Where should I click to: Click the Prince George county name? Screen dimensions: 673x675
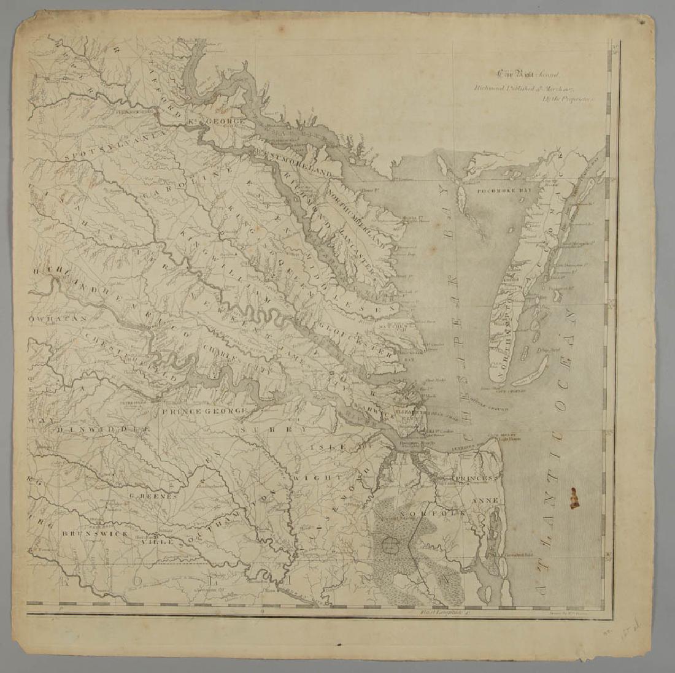(x=204, y=410)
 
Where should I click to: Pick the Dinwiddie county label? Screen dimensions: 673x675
(x=103, y=431)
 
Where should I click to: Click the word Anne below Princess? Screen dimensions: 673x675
(x=485, y=500)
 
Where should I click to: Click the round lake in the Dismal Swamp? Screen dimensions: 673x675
(x=390, y=542)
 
